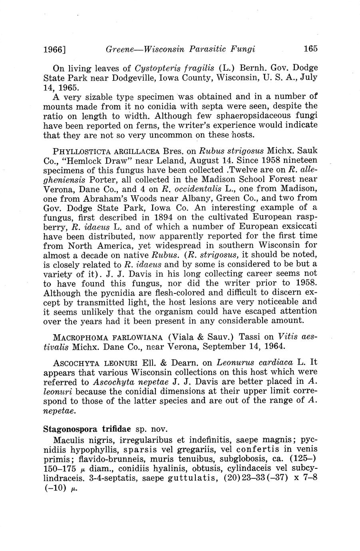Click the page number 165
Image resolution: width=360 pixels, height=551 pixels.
click(x=310, y=49)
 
